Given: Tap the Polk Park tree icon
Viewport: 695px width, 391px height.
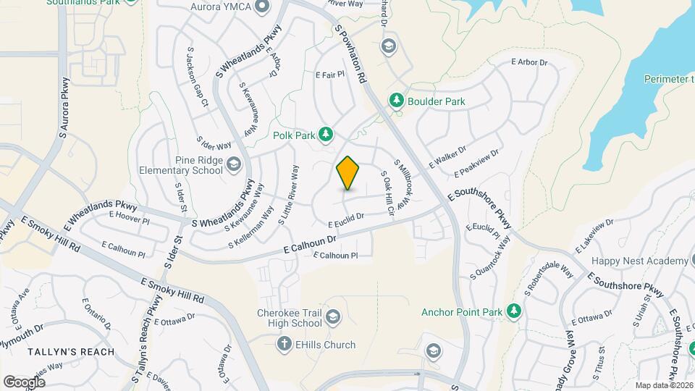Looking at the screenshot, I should click(327, 133).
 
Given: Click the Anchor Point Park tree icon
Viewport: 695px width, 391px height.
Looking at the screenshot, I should click(514, 311).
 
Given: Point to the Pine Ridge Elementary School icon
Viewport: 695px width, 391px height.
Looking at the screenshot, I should click(233, 165).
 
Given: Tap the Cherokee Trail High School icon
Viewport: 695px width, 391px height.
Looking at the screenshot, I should click(332, 316).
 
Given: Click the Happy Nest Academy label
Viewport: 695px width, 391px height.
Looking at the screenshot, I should click(639, 261).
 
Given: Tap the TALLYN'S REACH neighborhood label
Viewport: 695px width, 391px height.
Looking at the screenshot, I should click(71, 352).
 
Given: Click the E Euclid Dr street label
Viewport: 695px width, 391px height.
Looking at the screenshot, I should click(345, 219).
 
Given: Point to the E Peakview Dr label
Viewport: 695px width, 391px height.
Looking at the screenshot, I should click(476, 164).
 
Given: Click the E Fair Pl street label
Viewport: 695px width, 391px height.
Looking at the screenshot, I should click(329, 74).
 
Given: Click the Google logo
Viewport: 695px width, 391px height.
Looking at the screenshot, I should click(24, 382).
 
